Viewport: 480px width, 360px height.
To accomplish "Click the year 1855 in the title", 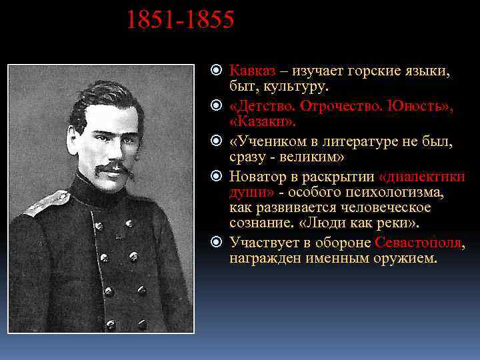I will [x=210, y=20].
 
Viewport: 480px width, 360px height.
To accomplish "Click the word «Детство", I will [x=263, y=106].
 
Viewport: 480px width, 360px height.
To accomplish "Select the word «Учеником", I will [x=267, y=141].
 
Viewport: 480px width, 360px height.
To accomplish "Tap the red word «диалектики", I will [x=421, y=177].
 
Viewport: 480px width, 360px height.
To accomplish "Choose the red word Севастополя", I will [x=417, y=243].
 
